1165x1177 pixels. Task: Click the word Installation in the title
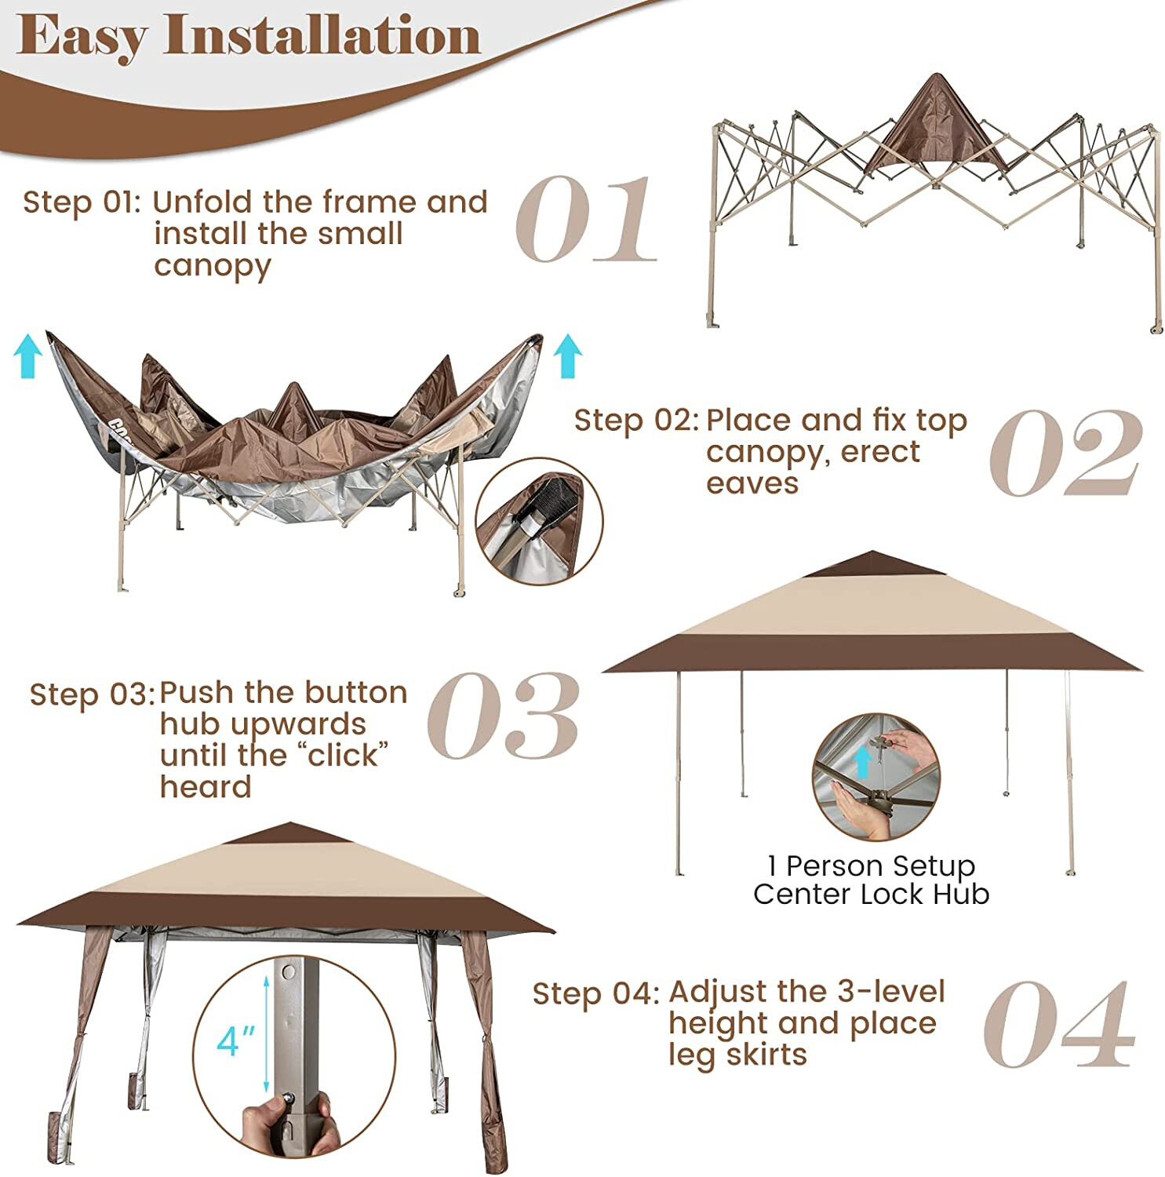click(x=322, y=35)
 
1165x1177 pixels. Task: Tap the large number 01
click(x=585, y=219)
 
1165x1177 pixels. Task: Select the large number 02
click(x=1064, y=453)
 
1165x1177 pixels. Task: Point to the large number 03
click(x=504, y=715)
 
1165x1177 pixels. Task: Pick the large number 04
click(x=1059, y=1024)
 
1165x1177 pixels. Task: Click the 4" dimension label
click(x=236, y=1041)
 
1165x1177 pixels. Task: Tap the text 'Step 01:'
click(x=82, y=202)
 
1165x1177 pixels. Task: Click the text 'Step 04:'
click(x=596, y=993)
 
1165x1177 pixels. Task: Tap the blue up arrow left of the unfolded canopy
click(x=28, y=355)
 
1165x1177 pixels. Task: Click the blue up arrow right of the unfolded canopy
click(x=567, y=356)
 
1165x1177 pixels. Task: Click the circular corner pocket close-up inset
click(x=539, y=522)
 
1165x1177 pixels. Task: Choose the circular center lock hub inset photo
click(x=876, y=777)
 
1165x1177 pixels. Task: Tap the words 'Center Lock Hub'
click(x=871, y=894)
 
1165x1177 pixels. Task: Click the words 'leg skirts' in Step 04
click(x=737, y=1055)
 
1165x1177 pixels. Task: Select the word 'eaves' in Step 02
click(x=752, y=483)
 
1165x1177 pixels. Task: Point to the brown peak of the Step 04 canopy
click(x=290, y=833)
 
